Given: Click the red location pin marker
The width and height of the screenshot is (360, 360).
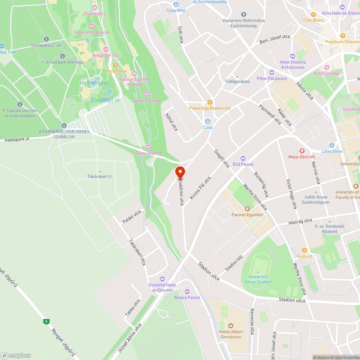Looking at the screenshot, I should [x=180, y=173].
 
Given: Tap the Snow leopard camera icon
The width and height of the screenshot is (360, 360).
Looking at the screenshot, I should [x=148, y=147].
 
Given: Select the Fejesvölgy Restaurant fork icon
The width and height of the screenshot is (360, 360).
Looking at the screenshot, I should [x=210, y=102].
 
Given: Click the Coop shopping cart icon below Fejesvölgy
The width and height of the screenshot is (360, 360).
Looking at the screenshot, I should [x=208, y=121].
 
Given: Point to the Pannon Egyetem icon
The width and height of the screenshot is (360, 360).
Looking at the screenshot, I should [x=247, y=209].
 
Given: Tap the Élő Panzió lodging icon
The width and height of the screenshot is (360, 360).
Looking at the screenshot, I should [x=243, y=158].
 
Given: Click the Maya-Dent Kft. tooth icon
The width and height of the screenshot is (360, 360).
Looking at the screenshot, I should [x=302, y=151].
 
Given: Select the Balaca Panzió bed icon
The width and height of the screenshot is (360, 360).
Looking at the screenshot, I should [x=187, y=292].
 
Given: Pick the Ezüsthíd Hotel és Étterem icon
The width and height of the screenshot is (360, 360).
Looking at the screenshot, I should [x=162, y=279].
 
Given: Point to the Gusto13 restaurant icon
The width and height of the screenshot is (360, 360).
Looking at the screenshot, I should [x=305, y=250].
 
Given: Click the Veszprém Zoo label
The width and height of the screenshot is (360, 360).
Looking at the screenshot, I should [x=105, y=55].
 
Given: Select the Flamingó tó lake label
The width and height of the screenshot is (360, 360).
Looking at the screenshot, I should [x=105, y=100].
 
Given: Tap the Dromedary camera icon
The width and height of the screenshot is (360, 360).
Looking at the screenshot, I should [x=95, y=8].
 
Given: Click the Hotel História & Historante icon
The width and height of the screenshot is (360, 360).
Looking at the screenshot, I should [x=293, y=56].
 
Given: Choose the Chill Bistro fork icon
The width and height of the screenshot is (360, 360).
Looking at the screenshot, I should [x=314, y=14].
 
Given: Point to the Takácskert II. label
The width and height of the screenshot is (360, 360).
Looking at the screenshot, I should [x=100, y=176].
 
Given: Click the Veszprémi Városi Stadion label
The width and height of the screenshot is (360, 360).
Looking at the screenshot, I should [x=258, y=279].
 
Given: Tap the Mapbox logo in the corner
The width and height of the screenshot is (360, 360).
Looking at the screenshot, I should [x=16, y=355].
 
